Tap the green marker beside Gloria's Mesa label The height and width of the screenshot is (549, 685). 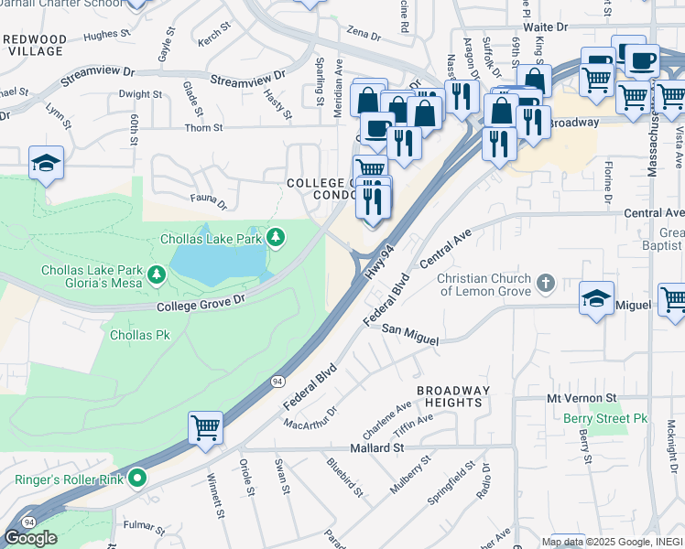pyautogui.click(x=157, y=274)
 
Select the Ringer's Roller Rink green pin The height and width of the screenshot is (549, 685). pyautogui.click(x=137, y=478)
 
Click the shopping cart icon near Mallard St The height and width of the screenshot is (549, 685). pyautogui.click(x=205, y=426)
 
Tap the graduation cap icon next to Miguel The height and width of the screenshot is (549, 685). pyautogui.click(x=596, y=297)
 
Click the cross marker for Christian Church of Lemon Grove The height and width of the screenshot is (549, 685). pyautogui.click(x=547, y=282)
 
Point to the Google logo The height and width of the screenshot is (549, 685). pyautogui.click(x=30, y=537)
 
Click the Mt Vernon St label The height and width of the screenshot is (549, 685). pyautogui.click(x=582, y=399)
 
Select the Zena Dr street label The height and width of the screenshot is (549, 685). pyautogui.click(x=363, y=35)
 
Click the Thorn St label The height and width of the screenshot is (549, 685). pyautogui.click(x=198, y=129)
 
